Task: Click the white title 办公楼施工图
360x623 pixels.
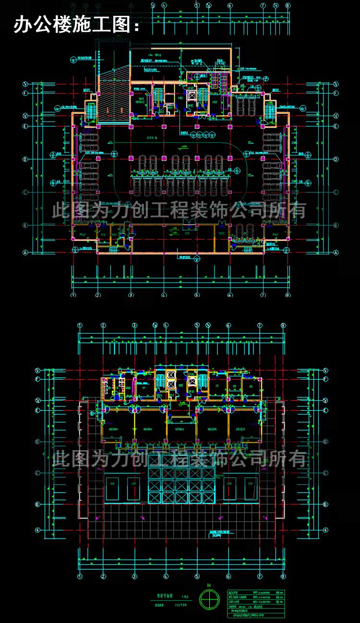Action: [77, 24]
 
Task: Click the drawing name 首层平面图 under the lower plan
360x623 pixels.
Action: [163, 597]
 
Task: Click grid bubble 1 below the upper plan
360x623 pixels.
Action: [73, 295]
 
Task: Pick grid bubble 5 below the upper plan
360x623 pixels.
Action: [197, 295]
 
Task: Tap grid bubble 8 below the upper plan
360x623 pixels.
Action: [288, 295]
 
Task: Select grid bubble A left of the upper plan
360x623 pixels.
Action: [26, 252]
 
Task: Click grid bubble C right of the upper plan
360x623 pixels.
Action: [336, 192]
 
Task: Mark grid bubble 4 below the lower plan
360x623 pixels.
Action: [166, 576]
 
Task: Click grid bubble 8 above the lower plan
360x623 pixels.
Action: [283, 325]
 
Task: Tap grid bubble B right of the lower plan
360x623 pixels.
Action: [325, 504]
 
